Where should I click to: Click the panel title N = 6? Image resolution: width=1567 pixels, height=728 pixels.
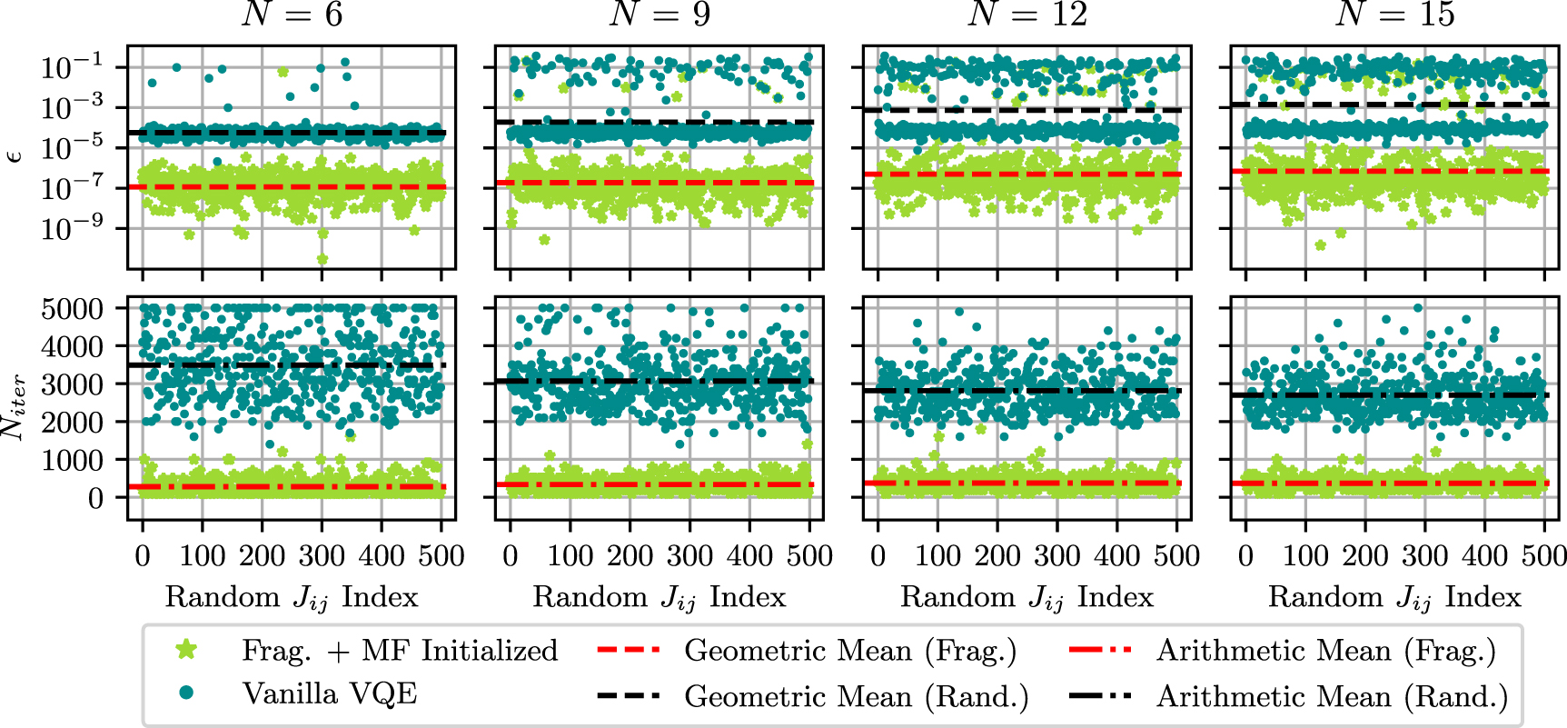click(292, 15)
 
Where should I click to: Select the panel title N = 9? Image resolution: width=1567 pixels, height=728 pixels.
click(660, 15)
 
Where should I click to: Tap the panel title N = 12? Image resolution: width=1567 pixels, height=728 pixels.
click(1027, 15)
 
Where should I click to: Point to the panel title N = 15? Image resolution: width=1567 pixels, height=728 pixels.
click(1395, 15)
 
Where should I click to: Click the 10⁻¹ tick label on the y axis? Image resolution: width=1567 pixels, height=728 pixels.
click(72, 67)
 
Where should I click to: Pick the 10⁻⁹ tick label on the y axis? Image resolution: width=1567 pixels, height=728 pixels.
click(72, 228)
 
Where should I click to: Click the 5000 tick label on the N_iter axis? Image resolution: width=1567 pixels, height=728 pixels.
click(72, 309)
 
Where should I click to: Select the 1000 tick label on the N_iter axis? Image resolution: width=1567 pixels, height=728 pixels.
click(72, 460)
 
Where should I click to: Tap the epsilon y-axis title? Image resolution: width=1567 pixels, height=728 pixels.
click(14, 155)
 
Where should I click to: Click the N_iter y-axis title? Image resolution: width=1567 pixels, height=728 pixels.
click(14, 408)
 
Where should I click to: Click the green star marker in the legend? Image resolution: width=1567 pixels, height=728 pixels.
click(186, 650)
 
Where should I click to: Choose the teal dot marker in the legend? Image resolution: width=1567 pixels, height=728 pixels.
click(186, 693)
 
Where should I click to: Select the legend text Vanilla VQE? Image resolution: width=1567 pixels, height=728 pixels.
click(330, 694)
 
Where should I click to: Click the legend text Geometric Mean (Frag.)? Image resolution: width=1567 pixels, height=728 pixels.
click(850, 651)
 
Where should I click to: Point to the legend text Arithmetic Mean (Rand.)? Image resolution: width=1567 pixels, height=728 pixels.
click(1332, 696)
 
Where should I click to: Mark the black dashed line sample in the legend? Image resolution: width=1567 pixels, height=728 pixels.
click(629, 696)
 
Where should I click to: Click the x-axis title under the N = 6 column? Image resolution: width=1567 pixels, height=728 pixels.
click(292, 597)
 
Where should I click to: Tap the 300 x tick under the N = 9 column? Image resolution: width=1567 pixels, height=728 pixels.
click(689, 555)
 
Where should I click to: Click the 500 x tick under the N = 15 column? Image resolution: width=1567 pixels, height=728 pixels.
click(1544, 555)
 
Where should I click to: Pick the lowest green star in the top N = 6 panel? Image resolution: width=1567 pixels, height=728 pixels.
click(322, 259)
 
